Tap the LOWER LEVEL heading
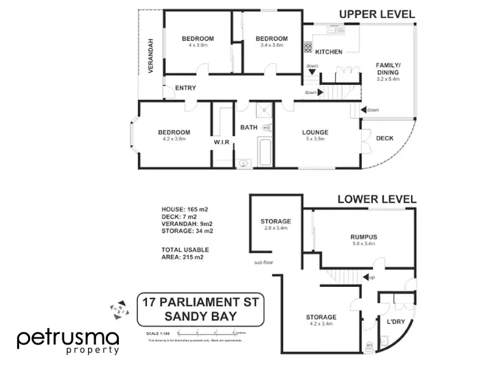click(377, 199)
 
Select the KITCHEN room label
click(329, 52)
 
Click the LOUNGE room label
click(315, 132)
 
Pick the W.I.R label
click(221, 142)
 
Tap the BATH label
click(249, 127)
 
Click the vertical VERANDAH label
click(150, 56)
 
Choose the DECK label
click(385, 138)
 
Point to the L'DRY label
click(397, 323)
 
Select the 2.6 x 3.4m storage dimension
click(275, 228)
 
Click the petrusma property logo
click(67, 341)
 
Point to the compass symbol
click(116, 308)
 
